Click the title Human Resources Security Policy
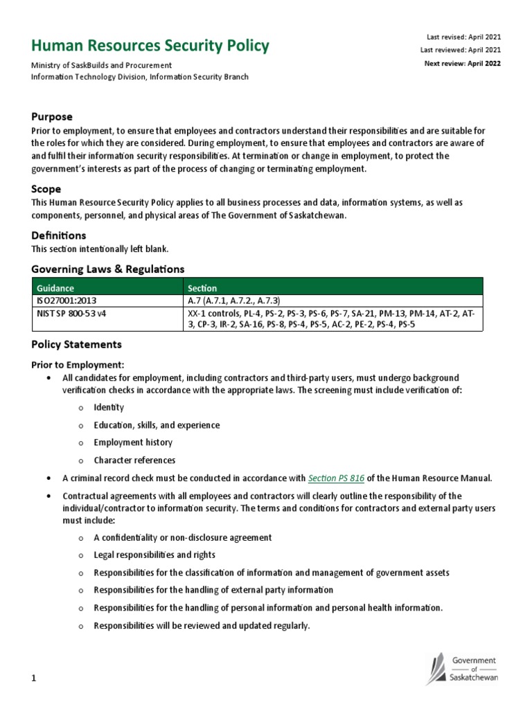[x=150, y=46]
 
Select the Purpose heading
[x=52, y=117]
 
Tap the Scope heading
[x=46, y=189]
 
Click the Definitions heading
[x=59, y=236]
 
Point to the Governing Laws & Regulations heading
[x=108, y=269]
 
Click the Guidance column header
[x=55, y=288]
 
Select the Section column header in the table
[x=202, y=288]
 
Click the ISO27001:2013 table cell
[x=66, y=300]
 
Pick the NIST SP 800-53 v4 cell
[x=71, y=313]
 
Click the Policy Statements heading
[x=77, y=344]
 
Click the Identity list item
[x=109, y=408]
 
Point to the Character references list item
[x=134, y=460]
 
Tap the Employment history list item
[x=133, y=442]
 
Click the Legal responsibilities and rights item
[x=154, y=555]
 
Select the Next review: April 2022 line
[x=462, y=64]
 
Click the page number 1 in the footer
[x=33, y=679]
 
